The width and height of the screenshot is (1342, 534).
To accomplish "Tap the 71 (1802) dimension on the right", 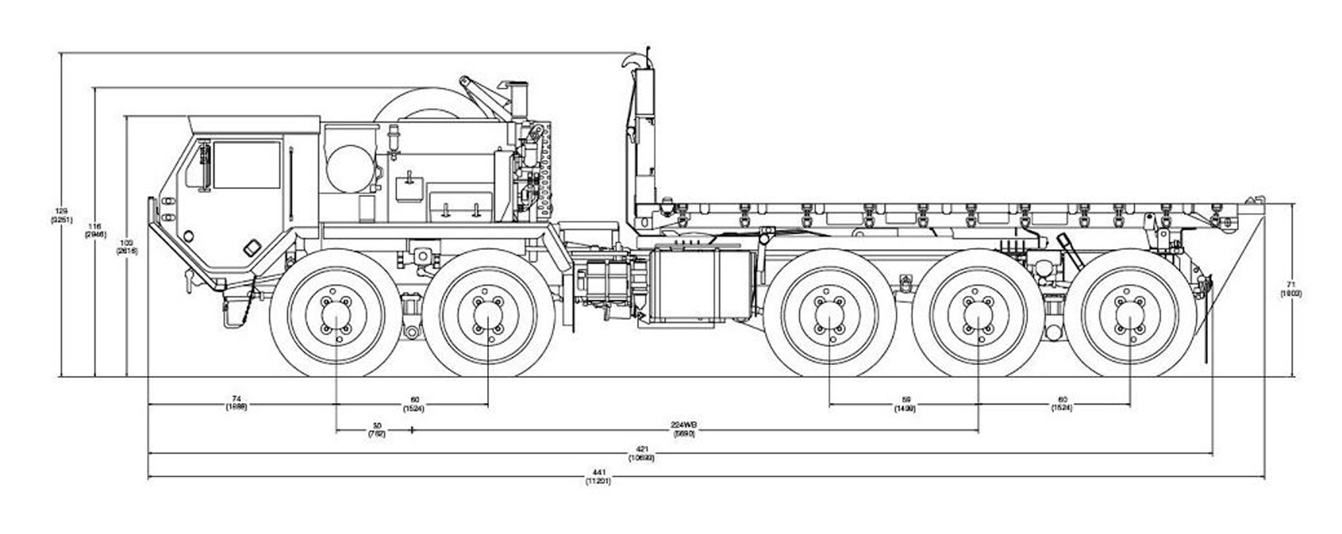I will [x=1291, y=289].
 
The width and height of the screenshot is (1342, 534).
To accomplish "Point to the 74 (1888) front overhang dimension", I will [x=236, y=403].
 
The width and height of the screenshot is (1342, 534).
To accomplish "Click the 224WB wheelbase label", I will [x=684, y=429].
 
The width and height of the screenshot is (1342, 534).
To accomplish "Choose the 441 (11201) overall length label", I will [x=598, y=477].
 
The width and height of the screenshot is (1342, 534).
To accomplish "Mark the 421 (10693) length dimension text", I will [x=641, y=454].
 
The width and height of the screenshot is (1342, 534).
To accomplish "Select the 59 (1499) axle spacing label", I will [x=905, y=404].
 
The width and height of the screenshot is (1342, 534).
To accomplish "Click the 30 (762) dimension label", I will [x=376, y=430].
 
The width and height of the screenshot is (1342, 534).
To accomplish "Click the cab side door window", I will [x=246, y=164].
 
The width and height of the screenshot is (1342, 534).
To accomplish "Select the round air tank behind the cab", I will [x=350, y=169].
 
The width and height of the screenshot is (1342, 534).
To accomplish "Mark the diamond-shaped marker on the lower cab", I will [x=252, y=248].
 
